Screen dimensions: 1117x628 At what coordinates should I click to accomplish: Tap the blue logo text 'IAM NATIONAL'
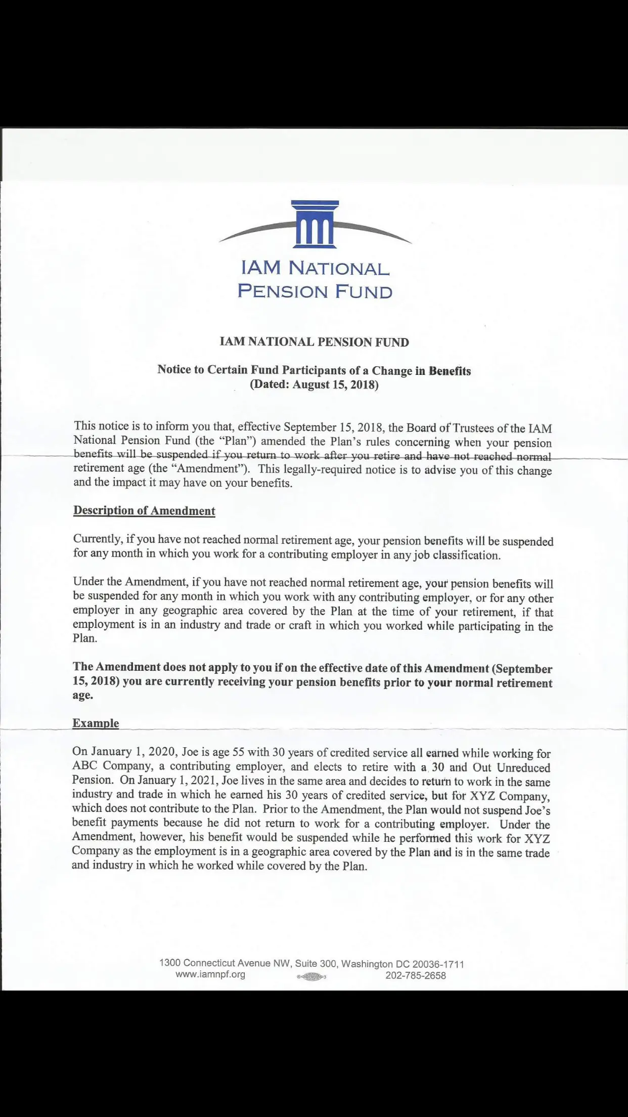point(315,268)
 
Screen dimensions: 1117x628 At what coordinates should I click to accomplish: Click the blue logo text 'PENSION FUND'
point(315,291)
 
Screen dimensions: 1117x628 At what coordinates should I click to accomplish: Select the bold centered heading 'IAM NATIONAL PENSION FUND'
point(314,342)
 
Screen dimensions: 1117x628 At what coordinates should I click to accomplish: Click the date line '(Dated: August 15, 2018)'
point(314,384)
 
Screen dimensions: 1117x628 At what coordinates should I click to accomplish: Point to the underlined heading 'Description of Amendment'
point(144,510)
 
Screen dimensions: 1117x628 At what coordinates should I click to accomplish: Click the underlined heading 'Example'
point(96,723)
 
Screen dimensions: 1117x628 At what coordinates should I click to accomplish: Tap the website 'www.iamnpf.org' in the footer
point(210,974)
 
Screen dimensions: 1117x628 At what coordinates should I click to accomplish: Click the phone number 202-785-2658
point(416,975)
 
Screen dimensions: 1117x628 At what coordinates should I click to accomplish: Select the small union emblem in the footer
point(311,977)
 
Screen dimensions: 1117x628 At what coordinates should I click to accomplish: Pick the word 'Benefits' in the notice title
point(450,371)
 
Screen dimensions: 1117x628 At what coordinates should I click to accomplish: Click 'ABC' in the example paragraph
point(85,766)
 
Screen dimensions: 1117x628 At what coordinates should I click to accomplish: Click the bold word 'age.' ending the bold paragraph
point(83,695)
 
